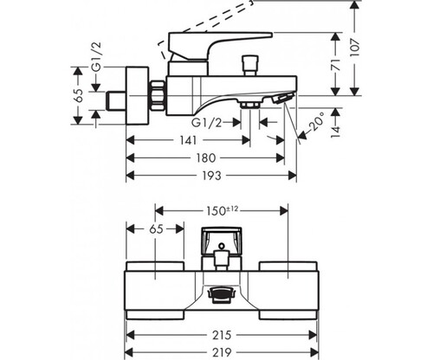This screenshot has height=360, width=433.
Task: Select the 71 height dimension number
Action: (335, 65)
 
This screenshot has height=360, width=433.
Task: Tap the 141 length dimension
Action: (188, 140)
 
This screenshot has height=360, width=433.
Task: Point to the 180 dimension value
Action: (206, 158)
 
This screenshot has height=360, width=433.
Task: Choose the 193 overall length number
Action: (211, 176)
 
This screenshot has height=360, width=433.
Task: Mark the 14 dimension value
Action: (335, 132)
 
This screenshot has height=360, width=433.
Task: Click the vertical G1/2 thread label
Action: (97, 56)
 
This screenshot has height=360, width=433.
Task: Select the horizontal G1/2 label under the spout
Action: (207, 123)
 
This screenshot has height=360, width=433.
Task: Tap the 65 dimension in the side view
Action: (79, 95)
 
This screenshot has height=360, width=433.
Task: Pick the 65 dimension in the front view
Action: (157, 229)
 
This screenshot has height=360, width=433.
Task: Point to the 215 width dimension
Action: (222, 335)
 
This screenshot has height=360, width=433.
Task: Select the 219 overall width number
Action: (222, 352)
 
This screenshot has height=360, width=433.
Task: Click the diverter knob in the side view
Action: (251, 65)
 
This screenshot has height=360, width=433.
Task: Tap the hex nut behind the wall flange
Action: (158, 95)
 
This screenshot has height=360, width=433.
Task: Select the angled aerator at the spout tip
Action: (283, 98)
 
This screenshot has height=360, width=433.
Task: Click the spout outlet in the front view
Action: (221, 294)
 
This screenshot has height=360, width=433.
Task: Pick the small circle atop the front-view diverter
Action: (222, 247)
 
